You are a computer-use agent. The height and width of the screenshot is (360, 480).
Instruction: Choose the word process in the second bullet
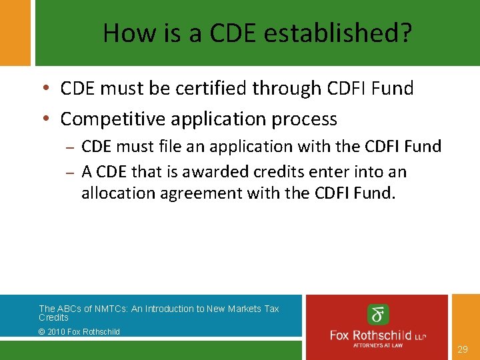(x=306, y=119)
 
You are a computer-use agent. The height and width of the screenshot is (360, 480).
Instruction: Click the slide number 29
(x=463, y=349)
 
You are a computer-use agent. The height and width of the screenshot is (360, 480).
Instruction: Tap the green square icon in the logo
(x=378, y=314)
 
